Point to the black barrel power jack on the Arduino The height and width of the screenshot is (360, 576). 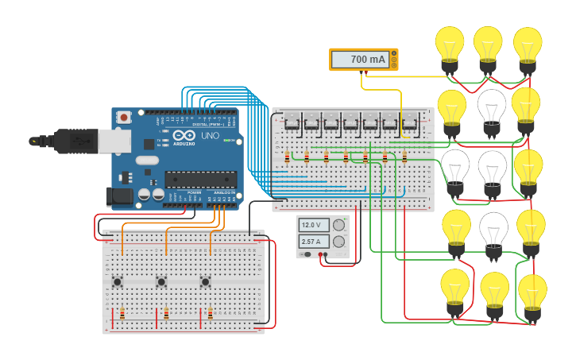(119, 195)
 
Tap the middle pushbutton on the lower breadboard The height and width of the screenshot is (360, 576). (161, 281)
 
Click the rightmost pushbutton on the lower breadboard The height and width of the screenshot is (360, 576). (205, 281)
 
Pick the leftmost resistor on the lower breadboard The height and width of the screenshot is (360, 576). (122, 314)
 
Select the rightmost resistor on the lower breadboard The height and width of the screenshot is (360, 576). (210, 314)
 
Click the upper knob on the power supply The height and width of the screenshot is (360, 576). (339, 226)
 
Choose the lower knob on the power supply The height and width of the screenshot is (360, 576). (339, 242)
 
